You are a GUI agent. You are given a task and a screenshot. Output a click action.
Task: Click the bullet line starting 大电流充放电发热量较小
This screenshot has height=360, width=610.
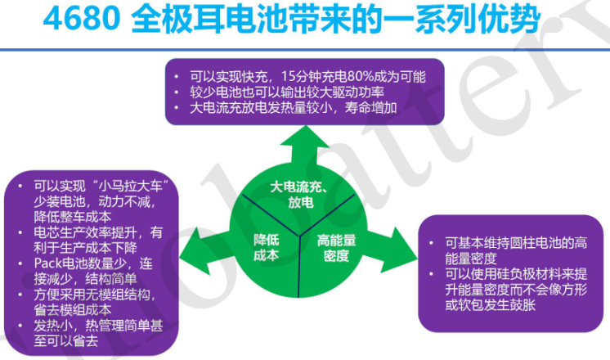pyautogui.click(x=294, y=107)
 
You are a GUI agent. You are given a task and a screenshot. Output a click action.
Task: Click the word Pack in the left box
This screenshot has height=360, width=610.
pyautogui.click(x=50, y=263)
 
